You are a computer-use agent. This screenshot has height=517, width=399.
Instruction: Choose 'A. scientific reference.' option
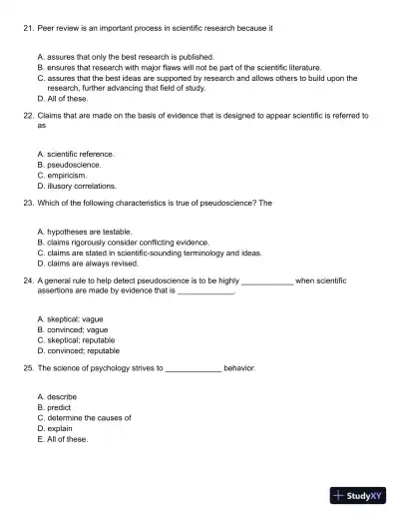(75, 154)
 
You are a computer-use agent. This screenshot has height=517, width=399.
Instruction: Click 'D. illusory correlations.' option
(77, 186)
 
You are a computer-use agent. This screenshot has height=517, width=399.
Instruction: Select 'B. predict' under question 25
(57, 407)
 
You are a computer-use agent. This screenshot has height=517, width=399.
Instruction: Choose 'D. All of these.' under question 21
(63, 99)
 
